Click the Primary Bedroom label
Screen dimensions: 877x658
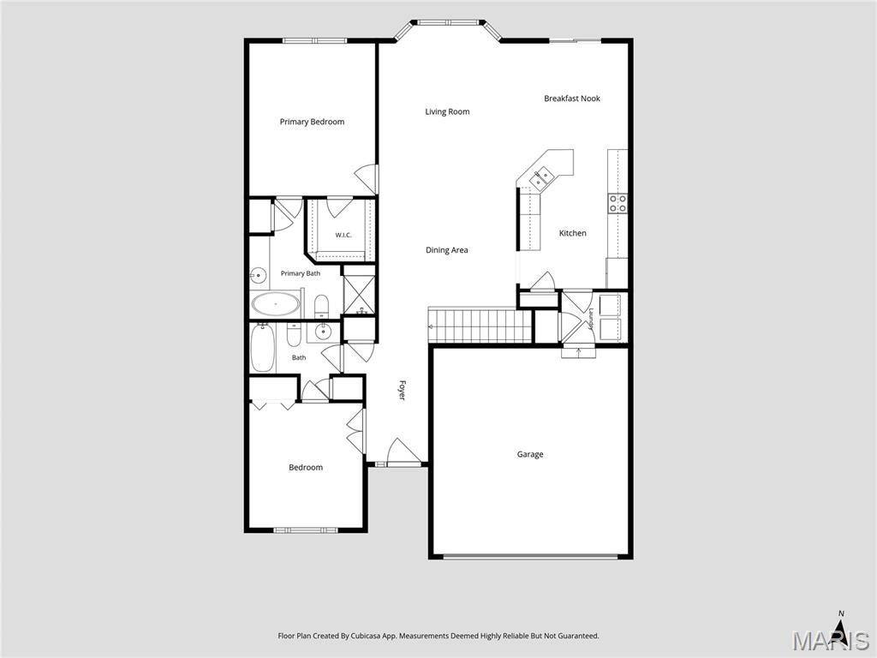[312, 122]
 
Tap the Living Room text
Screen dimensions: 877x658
[447, 112]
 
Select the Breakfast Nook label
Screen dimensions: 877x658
[572, 99]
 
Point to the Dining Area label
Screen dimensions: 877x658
[447, 250]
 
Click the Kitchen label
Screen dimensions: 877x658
[573, 233]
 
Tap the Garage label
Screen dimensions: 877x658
[530, 454]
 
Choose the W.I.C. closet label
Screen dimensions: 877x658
[343, 235]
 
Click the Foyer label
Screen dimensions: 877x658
[402, 391]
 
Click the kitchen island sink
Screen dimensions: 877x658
[542, 178]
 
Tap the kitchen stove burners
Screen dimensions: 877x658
[617, 203]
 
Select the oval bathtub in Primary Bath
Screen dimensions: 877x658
[276, 304]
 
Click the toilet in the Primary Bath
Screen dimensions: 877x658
[322, 306]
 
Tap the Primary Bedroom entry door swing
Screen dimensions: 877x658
[367, 178]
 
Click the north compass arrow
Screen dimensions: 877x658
[841, 625]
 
